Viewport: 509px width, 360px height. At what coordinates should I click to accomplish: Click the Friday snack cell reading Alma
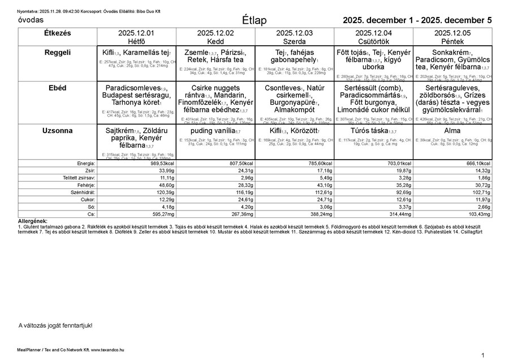point(452,131)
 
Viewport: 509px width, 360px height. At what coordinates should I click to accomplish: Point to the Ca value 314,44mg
point(396,215)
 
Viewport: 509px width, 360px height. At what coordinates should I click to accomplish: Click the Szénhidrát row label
point(81,192)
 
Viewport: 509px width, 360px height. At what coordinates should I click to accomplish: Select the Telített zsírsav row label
point(79,178)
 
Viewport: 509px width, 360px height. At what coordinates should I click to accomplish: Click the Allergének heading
point(33,221)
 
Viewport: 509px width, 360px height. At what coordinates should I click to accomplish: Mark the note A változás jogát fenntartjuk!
point(55,325)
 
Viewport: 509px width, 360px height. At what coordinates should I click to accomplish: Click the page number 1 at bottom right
point(482,355)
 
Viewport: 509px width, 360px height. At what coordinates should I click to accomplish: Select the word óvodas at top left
point(31,20)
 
